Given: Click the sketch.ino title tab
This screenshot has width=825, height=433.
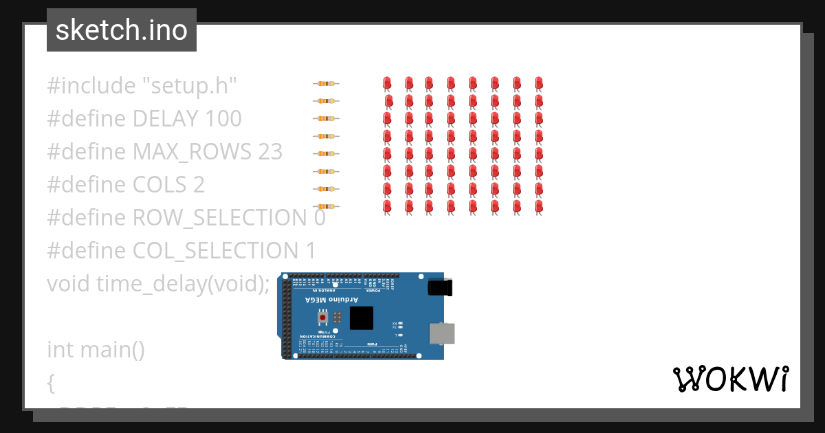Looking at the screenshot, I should click(122, 30).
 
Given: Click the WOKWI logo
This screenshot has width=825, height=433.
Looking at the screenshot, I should click(730, 379).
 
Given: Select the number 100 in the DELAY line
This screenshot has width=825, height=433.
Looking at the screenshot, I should click(223, 119).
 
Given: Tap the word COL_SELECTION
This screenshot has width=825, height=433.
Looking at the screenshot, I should click(214, 251).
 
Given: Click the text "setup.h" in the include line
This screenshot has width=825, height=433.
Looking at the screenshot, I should click(190, 86).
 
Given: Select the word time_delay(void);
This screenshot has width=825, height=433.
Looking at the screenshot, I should click(183, 283).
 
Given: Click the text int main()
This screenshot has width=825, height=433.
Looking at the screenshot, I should click(96, 349).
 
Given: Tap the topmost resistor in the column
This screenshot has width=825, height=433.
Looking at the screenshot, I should click(326, 84).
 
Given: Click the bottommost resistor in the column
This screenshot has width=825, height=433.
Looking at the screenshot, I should click(326, 206).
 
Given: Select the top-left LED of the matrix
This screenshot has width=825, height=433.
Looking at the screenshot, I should click(387, 85).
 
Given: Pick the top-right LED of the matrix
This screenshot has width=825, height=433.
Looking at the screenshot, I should click(539, 85).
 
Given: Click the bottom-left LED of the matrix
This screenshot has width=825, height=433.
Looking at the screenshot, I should click(387, 206).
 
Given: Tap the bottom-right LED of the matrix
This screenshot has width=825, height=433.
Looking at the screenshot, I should click(539, 206).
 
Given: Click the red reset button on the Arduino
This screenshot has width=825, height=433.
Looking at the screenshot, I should click(322, 318).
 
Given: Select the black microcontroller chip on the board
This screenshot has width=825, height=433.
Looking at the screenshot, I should click(361, 318).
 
